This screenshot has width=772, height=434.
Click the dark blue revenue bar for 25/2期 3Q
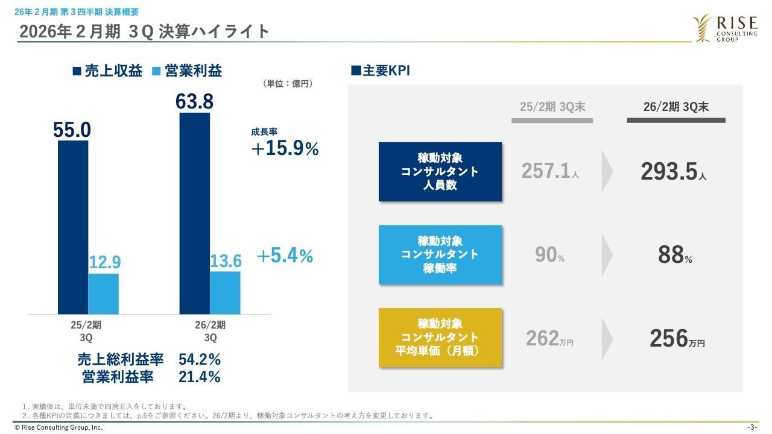pyautogui.click(x=73, y=227)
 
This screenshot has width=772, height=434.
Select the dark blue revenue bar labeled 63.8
pyautogui.click(x=195, y=213)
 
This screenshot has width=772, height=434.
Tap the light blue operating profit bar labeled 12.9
pyautogui.click(x=104, y=294)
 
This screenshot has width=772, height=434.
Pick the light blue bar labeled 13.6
pyautogui.click(x=225, y=292)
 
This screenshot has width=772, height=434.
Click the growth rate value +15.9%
pyautogui.click(x=285, y=149)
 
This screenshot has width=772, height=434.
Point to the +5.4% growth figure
pyautogui.click(x=285, y=256)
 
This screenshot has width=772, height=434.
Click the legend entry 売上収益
pyautogui.click(x=107, y=71)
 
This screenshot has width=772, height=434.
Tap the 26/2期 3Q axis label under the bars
pyautogui.click(x=210, y=331)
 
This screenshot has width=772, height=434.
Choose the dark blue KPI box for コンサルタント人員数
pyautogui.click(x=440, y=172)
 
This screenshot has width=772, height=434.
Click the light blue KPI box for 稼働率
pyautogui.click(x=440, y=254)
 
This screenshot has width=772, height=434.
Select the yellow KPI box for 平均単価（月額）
pyautogui.click(x=440, y=338)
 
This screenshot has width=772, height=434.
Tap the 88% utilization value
pyautogui.click(x=674, y=256)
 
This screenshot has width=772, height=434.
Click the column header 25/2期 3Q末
pyautogui.click(x=552, y=107)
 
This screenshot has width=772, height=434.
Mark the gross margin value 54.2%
pyautogui.click(x=200, y=360)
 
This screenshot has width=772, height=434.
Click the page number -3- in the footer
pyautogui.click(x=751, y=427)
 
